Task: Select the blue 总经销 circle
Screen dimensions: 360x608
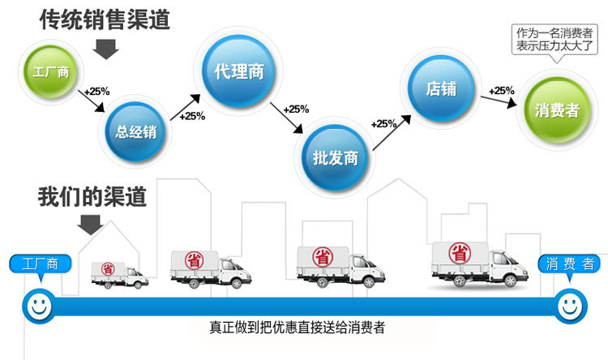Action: click(136, 131)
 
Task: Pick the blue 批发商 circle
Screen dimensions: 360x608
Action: click(335, 156)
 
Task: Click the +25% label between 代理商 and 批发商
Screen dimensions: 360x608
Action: click(296, 109)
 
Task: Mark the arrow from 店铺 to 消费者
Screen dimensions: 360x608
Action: click(499, 101)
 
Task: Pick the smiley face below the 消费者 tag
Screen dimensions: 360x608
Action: click(570, 306)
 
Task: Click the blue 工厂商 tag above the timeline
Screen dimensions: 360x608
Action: click(41, 264)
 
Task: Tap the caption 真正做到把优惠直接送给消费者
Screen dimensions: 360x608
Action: click(297, 328)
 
